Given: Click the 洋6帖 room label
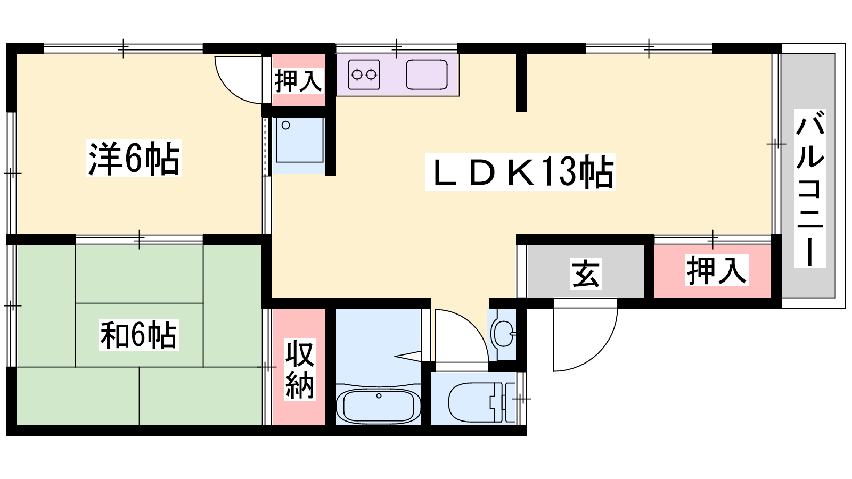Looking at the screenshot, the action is pos(134,158).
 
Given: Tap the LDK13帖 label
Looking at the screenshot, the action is pos(520,171).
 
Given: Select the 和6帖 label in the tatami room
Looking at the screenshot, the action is pos(139,335).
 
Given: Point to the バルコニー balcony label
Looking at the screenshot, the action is pos(809,188).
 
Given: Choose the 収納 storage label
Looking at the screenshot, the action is pos(300,369).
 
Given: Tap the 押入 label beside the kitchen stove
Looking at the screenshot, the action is pos(298,80).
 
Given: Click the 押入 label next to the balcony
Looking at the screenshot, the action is pos(717,270).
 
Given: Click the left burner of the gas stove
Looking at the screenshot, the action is pos(357,75).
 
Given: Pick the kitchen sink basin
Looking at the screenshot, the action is pos(427,75).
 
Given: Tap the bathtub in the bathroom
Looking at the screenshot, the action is pos(378,406).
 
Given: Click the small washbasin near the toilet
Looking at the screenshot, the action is pos(503,333).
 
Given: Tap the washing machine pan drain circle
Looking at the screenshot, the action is pos(285,125).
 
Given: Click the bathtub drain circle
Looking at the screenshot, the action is pos(379,396).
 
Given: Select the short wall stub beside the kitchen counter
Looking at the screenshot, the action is pos(521,82).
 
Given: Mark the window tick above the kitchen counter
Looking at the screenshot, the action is pos(396,48).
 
